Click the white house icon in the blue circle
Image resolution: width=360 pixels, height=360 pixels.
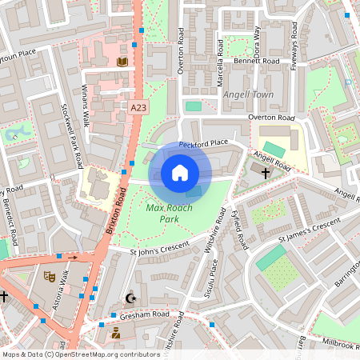coord(180,173)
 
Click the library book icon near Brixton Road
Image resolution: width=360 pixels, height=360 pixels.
coord(122,61)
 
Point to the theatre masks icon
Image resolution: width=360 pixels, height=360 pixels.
coord(48,276)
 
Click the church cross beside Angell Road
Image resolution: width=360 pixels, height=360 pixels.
coord(266,171)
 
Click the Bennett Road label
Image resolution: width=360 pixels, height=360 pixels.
coord(256,61)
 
